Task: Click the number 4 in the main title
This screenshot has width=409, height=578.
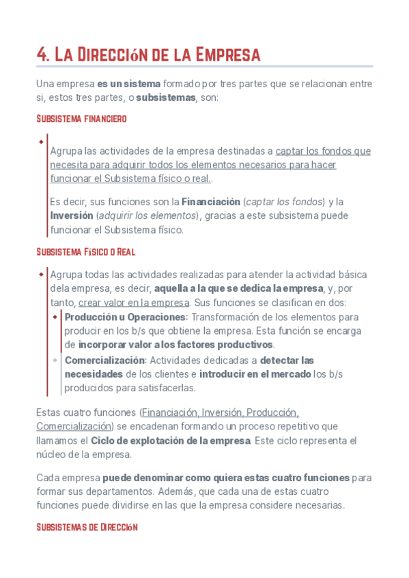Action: click(x=42, y=55)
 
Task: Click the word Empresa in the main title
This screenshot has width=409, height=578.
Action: click(x=228, y=55)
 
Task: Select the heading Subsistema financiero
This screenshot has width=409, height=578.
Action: click(x=81, y=119)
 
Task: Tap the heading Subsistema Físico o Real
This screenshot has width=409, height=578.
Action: click(x=85, y=252)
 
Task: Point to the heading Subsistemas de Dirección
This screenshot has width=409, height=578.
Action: click(x=87, y=527)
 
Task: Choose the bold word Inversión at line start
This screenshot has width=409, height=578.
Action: click(x=71, y=216)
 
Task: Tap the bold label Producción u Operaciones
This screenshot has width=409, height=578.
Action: click(x=126, y=317)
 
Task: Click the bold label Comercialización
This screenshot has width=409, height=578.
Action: click(x=105, y=360)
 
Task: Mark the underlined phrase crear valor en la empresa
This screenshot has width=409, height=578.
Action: click(x=134, y=303)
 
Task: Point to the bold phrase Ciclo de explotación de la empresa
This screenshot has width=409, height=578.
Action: click(x=170, y=441)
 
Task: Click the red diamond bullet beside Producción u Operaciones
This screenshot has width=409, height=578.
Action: click(x=55, y=317)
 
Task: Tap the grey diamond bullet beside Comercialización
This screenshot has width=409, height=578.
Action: click(x=55, y=359)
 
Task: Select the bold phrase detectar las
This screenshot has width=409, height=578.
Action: click(x=287, y=360)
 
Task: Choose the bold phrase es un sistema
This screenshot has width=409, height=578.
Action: click(x=129, y=84)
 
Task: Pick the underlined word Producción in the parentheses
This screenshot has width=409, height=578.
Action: click(x=272, y=412)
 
